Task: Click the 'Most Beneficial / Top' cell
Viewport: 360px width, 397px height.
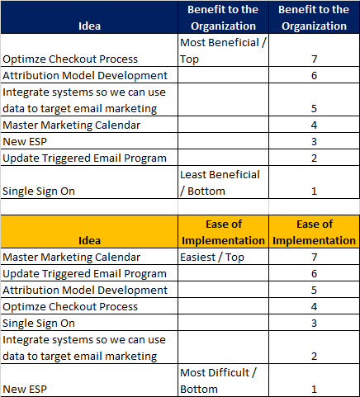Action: [x=223, y=50]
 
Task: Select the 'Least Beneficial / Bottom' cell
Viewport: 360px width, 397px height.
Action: [x=223, y=182]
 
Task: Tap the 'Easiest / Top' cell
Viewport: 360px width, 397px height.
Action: [x=223, y=257]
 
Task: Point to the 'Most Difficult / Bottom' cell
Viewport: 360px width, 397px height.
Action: [x=223, y=380]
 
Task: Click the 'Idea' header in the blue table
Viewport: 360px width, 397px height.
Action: [x=89, y=26]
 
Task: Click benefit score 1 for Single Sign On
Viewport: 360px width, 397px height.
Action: [x=314, y=191]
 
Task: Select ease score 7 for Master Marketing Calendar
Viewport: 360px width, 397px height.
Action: [x=314, y=258]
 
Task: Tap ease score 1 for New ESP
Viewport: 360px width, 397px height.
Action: [x=314, y=389]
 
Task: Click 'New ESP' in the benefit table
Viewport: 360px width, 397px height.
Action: [x=25, y=141]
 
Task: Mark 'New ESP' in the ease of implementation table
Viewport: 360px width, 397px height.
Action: [x=25, y=389]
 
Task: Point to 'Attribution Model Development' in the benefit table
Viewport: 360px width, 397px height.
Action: [x=85, y=75]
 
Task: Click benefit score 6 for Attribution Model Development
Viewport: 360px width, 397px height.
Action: [x=314, y=75]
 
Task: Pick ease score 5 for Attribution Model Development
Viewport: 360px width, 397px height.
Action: [x=314, y=290]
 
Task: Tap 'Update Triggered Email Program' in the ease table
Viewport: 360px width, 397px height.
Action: [x=84, y=273]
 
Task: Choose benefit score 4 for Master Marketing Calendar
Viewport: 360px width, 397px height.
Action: [x=314, y=125]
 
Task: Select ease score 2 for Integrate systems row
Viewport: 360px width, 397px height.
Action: [x=314, y=356]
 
